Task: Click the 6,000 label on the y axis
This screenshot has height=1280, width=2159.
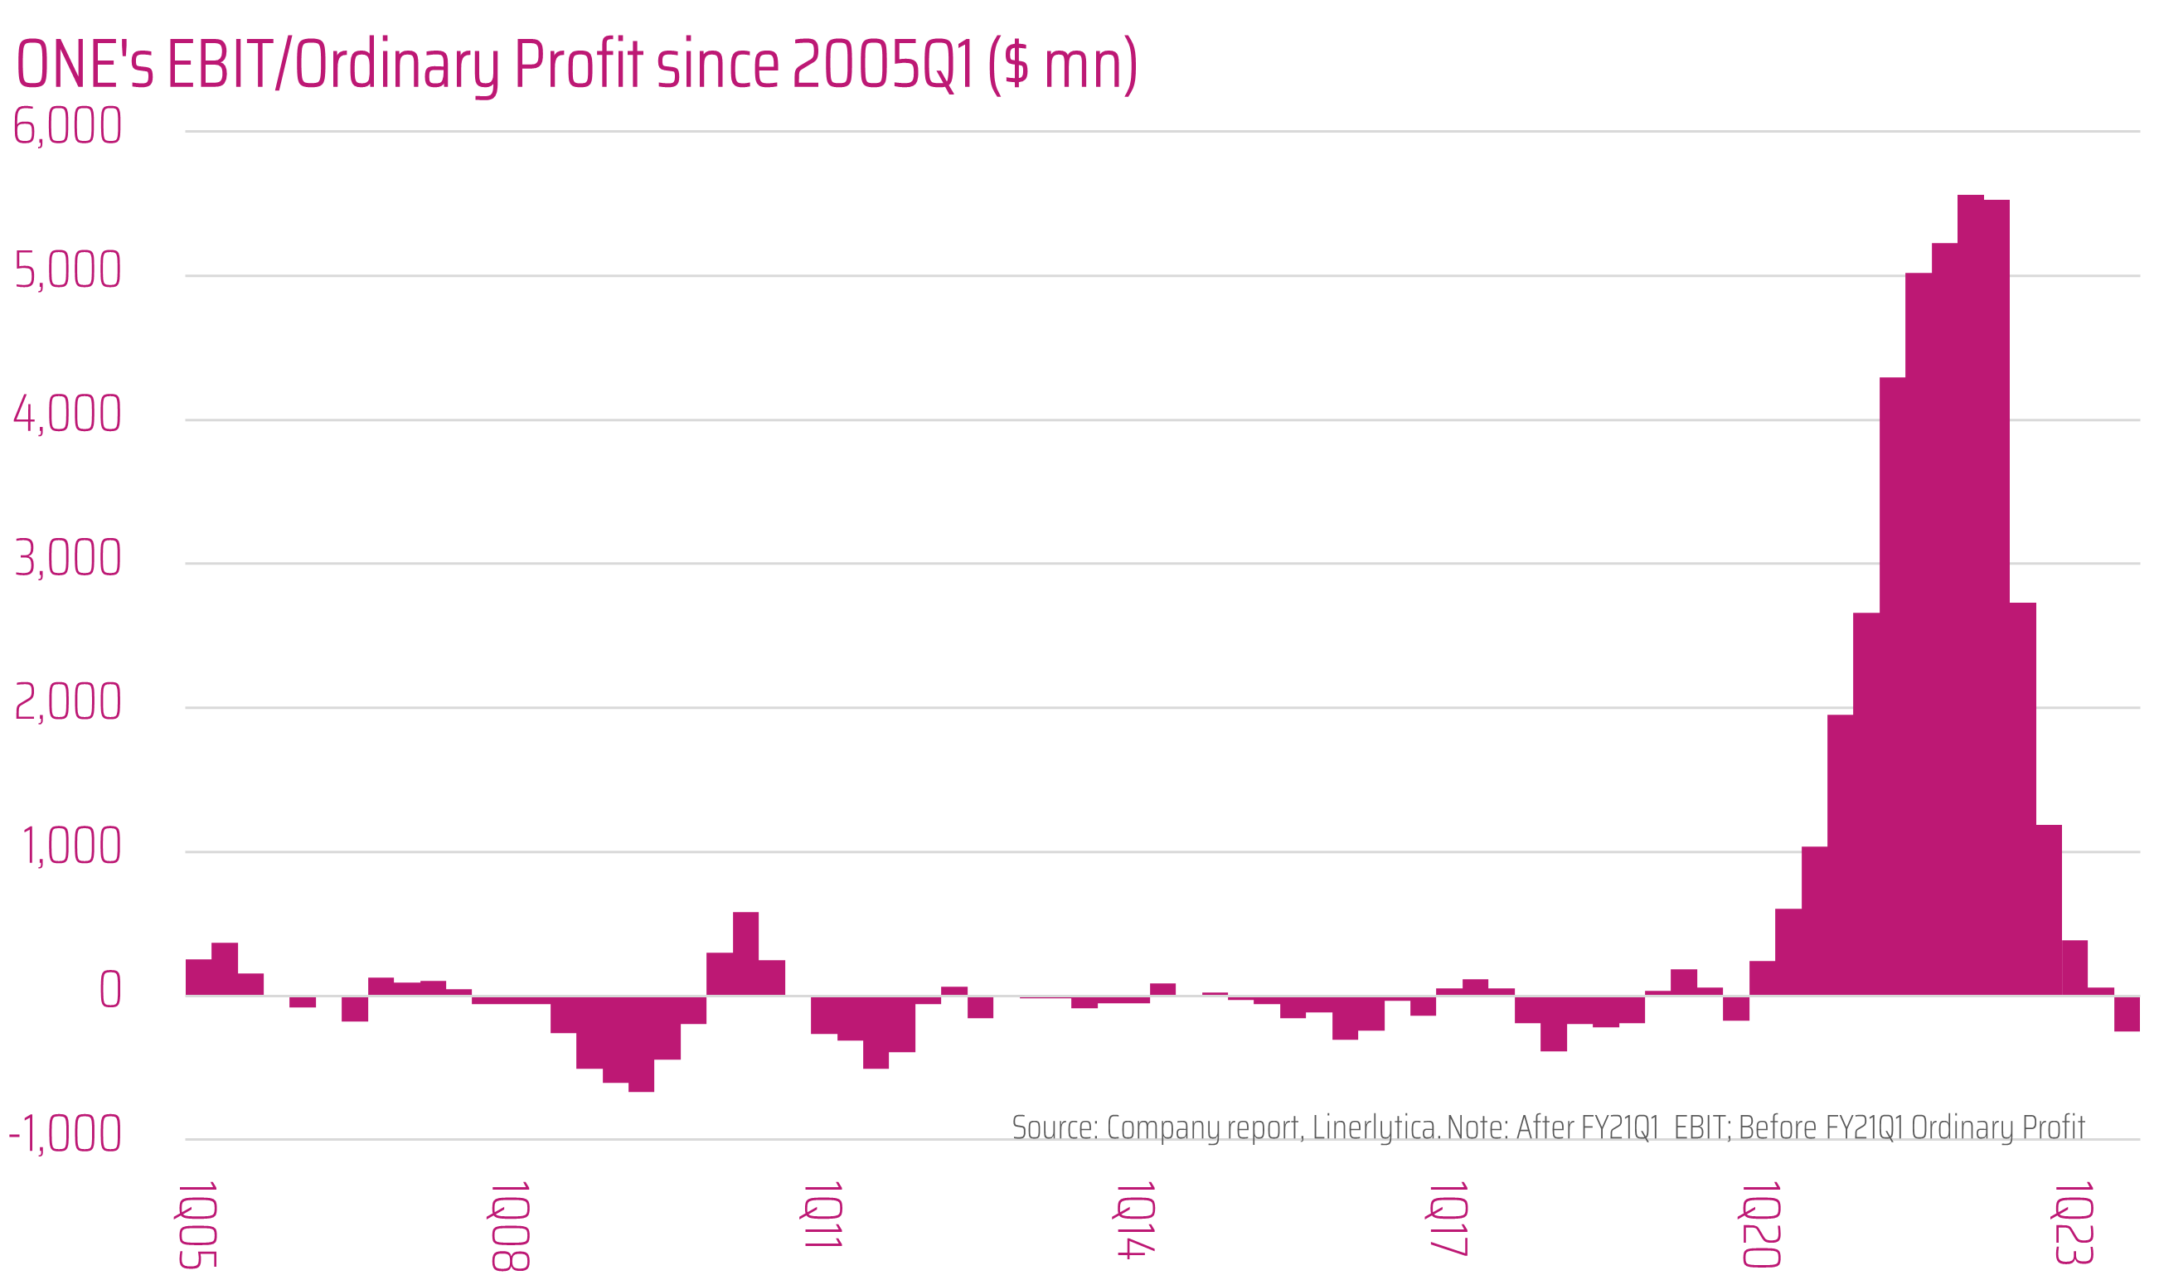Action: click(x=67, y=126)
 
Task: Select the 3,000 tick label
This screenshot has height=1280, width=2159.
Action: click(x=67, y=558)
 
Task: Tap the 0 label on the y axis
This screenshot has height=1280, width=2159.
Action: click(x=110, y=989)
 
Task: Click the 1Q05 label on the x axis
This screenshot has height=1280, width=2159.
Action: click(x=196, y=1224)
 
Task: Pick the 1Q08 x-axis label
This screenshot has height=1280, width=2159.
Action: click(x=510, y=1225)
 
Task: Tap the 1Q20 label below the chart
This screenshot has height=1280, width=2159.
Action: click(x=1760, y=1224)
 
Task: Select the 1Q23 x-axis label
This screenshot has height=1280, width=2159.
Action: click(x=2073, y=1224)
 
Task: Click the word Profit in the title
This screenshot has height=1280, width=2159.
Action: click(x=579, y=65)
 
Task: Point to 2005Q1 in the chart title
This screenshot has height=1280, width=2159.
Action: click(x=882, y=65)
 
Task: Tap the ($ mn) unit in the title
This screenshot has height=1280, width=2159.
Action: click(x=1063, y=65)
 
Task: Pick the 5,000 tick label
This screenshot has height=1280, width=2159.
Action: click(x=67, y=271)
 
